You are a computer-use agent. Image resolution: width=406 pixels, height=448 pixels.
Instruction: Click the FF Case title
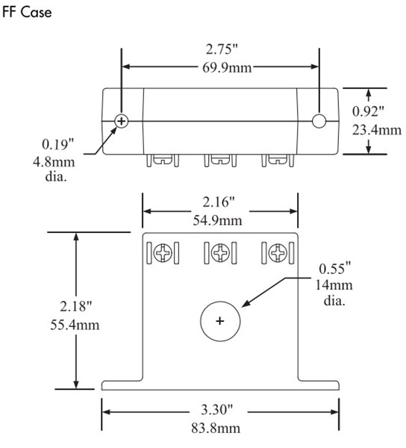pyautogui.click(x=28, y=14)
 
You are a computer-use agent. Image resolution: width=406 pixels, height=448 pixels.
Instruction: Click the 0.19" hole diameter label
pyautogui.click(x=58, y=140)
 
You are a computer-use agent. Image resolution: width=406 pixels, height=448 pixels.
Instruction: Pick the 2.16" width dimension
pyautogui.click(x=220, y=202)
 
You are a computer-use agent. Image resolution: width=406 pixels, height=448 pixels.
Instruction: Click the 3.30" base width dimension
pyautogui.click(x=220, y=411)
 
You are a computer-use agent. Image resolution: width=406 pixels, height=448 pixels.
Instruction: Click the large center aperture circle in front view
pyautogui.click(x=219, y=321)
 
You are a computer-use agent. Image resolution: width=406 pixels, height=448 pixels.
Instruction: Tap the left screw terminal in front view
pyautogui.click(x=162, y=253)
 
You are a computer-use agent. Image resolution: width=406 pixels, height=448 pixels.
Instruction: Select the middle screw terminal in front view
pyautogui.click(x=219, y=253)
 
